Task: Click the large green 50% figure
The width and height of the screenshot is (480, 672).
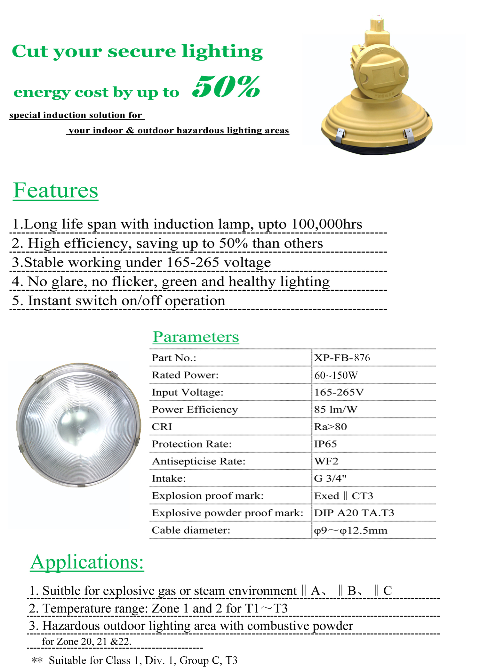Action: click(227, 87)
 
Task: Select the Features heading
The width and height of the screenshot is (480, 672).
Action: click(56, 191)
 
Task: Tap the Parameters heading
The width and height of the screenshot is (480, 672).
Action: click(196, 337)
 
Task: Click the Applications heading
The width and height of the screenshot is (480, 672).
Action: click(87, 562)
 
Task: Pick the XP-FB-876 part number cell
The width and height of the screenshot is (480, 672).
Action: click(342, 358)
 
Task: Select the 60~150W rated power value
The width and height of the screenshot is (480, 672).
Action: click(336, 375)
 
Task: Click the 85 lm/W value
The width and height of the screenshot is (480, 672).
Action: click(336, 410)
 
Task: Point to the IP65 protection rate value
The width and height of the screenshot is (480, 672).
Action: click(325, 444)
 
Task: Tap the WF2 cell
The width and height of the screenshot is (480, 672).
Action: click(326, 461)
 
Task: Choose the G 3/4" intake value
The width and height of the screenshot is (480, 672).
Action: click(330, 479)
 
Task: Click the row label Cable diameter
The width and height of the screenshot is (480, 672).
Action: click(191, 530)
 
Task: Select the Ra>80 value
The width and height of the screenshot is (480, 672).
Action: click(331, 427)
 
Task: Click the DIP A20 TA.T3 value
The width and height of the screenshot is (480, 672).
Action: click(354, 513)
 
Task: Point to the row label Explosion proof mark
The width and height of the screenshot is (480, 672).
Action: click(208, 496)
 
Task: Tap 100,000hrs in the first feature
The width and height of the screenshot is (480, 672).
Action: click(327, 224)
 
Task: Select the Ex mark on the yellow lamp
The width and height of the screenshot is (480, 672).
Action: click(380, 51)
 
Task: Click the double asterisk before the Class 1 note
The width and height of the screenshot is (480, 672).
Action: click(37, 660)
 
